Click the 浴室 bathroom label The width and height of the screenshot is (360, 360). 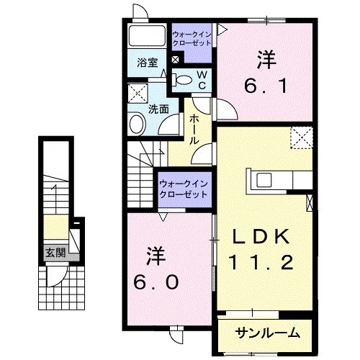pos(148,63)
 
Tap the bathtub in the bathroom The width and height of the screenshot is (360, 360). pos(147,35)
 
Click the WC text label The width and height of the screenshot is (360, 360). pos(202,80)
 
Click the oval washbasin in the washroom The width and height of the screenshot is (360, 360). pos(138,125)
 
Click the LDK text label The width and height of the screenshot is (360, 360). pos(260,237)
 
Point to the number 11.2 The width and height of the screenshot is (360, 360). pos(261,262)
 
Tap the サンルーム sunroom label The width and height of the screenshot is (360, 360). pos(267,333)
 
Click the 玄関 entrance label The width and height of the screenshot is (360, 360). pos(55,253)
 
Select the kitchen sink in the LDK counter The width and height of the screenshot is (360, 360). pos(264,180)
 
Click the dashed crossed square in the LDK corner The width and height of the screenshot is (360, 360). pos(302,138)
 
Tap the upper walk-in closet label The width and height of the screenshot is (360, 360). pos(192,39)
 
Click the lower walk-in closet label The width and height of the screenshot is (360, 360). pos(184,189)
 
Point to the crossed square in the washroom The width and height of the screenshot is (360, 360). pos(138,93)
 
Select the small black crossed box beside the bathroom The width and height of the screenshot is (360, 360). pos(176,60)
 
